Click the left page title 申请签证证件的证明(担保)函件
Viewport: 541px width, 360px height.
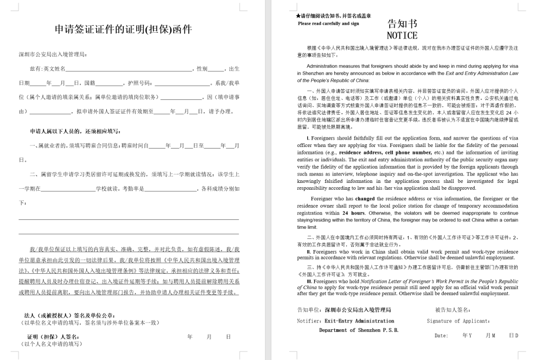pyautogui.click(x=123, y=30)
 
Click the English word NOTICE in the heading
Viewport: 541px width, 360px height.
pyautogui.click(x=402, y=35)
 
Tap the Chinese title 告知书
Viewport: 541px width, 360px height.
pyautogui.click(x=402, y=24)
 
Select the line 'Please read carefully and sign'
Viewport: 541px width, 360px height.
pyautogui.click(x=328, y=23)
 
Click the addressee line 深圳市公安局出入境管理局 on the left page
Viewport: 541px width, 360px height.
pyautogui.click(x=53, y=54)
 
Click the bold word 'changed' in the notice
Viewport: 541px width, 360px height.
pyautogui.click(x=365, y=199)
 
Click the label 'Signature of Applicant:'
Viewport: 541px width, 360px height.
pyautogui.click(x=458, y=321)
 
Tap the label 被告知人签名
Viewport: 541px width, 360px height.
pyautogui.click(x=453, y=310)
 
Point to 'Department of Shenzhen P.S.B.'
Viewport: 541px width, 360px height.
pyautogui.click(x=359, y=330)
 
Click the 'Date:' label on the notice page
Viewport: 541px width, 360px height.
pyautogui.click(x=441, y=336)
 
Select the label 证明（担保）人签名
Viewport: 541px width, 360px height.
pyautogui.click(x=53, y=337)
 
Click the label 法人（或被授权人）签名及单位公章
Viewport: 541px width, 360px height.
pyautogui.click(x=74, y=316)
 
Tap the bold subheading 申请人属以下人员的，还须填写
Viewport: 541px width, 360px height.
pyautogui.click(x=75, y=131)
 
